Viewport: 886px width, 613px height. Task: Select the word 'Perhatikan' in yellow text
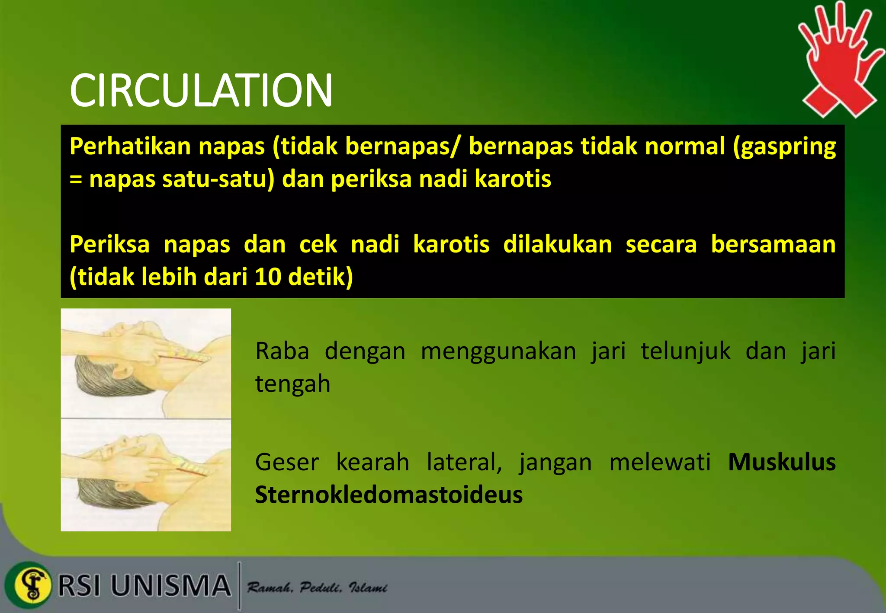coord(130,146)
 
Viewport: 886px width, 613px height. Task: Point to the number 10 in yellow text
coord(268,277)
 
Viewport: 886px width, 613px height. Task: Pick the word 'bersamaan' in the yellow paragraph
coord(773,244)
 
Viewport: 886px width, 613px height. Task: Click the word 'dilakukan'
coord(558,244)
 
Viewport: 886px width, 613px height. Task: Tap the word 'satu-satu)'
coord(218,179)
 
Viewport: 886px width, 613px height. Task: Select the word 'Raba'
coord(282,351)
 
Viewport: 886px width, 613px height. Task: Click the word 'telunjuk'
coord(685,351)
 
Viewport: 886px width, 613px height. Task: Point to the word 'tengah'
coord(292,384)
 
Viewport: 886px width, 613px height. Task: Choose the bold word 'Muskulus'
coord(782,462)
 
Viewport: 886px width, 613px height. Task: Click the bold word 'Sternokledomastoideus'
coord(388,495)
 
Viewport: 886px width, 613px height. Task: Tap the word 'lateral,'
coord(464,462)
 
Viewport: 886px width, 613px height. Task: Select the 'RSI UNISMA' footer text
coord(144,586)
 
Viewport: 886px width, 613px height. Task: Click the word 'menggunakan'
coord(498,351)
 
